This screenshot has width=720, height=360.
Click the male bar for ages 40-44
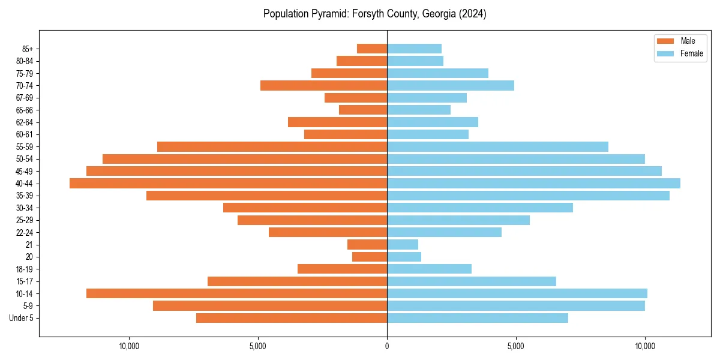tap(228, 184)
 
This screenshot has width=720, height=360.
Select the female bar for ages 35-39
tap(528, 196)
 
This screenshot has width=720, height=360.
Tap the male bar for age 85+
tap(372, 49)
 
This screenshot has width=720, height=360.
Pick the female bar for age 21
tap(403, 245)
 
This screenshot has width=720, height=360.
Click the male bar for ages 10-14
tap(236, 293)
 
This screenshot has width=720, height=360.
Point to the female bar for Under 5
tap(478, 318)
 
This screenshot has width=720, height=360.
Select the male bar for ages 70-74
tap(323, 85)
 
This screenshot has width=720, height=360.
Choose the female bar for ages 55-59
tap(497, 147)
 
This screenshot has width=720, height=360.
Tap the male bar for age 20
tap(370, 257)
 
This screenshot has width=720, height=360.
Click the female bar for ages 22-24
tap(444, 232)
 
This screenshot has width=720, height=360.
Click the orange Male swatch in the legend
tap(666, 41)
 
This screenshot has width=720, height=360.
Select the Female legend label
tap(692, 53)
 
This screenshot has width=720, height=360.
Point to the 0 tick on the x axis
tap(387, 346)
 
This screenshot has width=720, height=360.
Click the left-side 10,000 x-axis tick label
tap(129, 346)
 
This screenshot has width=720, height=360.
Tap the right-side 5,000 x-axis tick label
tap(516, 346)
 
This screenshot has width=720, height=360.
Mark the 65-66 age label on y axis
tap(25, 110)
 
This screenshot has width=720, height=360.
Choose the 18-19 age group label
tap(25, 269)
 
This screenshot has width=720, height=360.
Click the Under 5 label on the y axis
tap(22, 318)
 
